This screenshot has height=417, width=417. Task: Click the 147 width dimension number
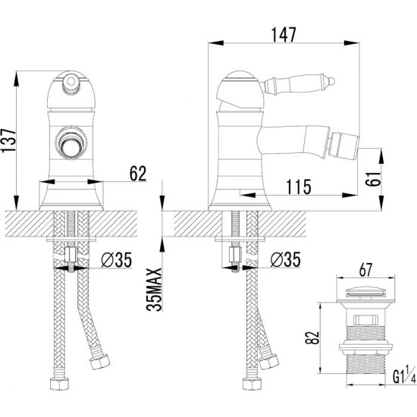283,35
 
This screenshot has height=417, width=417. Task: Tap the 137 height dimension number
9,140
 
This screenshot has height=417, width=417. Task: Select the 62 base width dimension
138,174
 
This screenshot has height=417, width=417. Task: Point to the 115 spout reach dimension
299,187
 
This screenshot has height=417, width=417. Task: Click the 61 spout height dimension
373,178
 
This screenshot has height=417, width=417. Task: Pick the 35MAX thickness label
154,290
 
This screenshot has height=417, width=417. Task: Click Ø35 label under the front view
117,259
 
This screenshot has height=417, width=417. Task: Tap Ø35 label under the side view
285,259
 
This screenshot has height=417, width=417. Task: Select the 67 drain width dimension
365,271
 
